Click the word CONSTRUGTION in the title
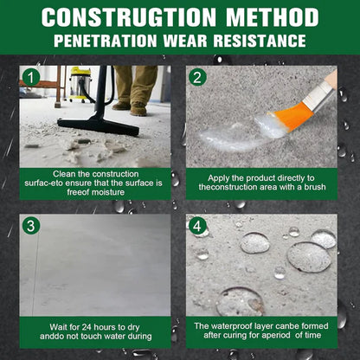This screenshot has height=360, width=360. [x=132, y=16]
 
